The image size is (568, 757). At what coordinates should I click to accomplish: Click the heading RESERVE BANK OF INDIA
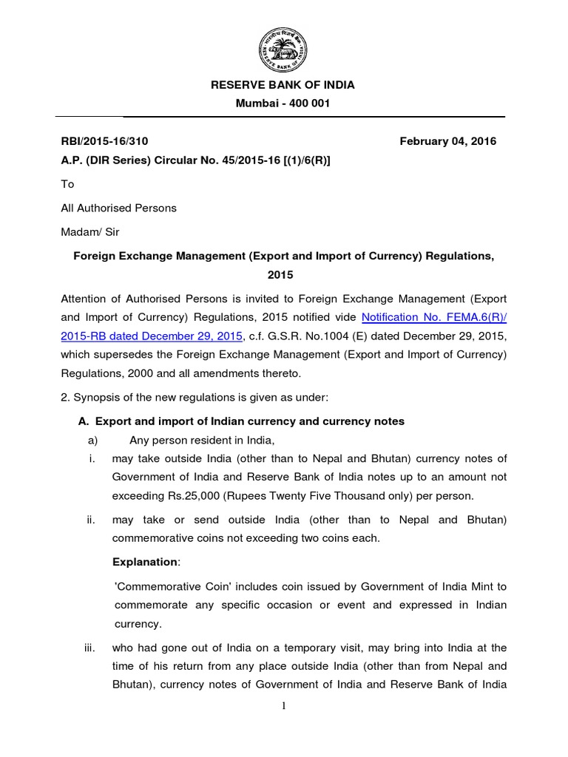click(x=283, y=85)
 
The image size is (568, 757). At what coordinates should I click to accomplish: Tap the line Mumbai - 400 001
click(x=283, y=103)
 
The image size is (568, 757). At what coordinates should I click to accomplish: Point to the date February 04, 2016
click(x=447, y=141)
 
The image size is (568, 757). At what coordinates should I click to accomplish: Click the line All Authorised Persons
click(x=119, y=208)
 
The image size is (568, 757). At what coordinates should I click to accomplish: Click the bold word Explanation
click(x=145, y=562)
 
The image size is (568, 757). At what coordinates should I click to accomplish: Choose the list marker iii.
click(x=91, y=648)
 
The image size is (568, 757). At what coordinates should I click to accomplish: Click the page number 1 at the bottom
click(x=283, y=706)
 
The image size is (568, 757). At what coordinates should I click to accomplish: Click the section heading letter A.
click(x=83, y=421)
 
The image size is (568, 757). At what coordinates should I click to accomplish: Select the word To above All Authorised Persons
click(x=67, y=185)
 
